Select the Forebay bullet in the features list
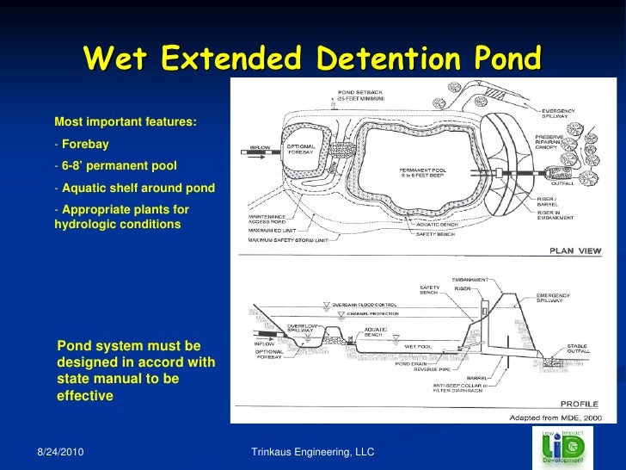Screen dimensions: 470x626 coord(84,144)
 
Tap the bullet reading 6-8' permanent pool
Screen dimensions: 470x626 coord(119,165)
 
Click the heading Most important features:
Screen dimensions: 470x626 coord(126,122)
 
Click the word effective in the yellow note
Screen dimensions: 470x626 coord(84,396)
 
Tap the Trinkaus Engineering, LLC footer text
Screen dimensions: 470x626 coord(312,451)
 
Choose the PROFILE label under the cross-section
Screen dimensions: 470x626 coord(580,403)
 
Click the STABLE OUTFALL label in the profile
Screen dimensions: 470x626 coord(577,349)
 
